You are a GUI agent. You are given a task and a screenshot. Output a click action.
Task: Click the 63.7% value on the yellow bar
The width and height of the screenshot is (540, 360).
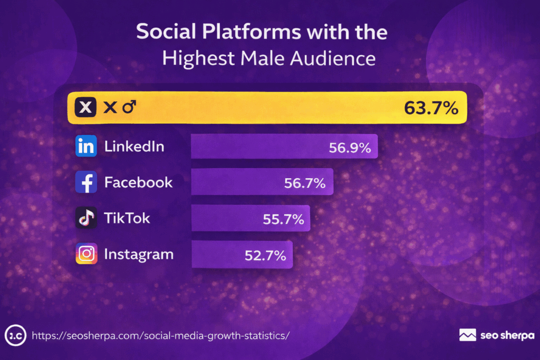[430, 108]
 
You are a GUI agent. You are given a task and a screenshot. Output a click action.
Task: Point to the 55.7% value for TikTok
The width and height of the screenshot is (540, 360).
[283, 219]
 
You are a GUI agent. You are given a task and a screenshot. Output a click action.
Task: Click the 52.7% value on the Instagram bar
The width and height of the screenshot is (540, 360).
[265, 256]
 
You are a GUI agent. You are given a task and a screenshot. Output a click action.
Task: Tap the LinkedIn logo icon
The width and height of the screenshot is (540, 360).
[86, 147]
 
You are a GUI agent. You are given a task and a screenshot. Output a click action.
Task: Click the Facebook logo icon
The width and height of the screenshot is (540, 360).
[86, 182]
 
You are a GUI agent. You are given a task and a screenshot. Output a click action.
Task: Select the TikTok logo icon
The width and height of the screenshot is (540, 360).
[86, 218]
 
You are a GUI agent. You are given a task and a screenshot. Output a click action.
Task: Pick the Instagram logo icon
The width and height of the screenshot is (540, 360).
[86, 254]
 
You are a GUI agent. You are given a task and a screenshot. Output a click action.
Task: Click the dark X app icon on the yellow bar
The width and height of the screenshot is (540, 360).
[86, 108]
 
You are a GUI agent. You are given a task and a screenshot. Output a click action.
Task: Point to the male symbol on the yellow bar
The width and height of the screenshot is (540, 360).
[129, 108]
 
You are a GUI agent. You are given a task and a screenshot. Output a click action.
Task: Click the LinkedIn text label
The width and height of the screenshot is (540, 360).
[134, 147]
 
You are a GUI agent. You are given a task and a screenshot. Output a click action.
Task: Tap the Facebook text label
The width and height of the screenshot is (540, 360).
[138, 182]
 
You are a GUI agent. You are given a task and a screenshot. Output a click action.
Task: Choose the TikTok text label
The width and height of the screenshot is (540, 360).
[127, 218]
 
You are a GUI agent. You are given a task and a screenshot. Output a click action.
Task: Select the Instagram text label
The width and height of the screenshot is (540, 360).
[139, 254]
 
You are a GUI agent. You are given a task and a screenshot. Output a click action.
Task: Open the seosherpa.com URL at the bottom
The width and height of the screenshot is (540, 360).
[161, 335]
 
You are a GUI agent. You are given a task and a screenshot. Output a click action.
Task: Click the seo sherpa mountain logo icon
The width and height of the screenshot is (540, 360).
[468, 335]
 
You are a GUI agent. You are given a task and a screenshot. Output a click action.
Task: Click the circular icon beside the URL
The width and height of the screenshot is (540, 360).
[15, 335]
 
